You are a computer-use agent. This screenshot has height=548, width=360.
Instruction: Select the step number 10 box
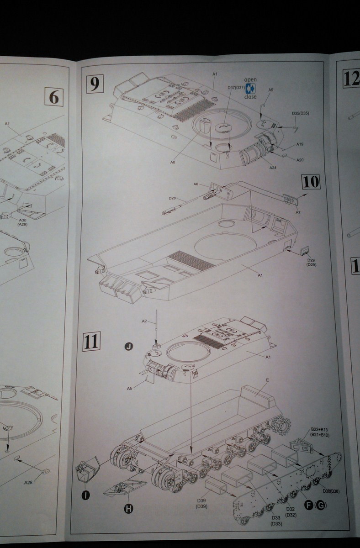311,182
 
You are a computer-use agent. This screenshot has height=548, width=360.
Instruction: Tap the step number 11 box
91,342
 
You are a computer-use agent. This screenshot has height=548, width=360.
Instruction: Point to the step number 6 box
53,97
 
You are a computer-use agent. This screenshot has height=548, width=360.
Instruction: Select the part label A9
270,90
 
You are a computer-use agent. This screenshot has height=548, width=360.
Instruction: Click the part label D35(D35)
300,113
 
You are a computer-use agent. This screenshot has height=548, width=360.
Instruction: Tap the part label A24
273,168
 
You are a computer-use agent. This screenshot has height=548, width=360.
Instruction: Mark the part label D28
172,198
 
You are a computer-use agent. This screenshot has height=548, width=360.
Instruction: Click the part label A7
297,212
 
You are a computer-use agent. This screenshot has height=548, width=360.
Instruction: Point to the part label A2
144,321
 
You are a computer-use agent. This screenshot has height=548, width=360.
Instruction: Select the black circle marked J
129,347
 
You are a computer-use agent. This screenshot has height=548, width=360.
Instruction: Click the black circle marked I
86,495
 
